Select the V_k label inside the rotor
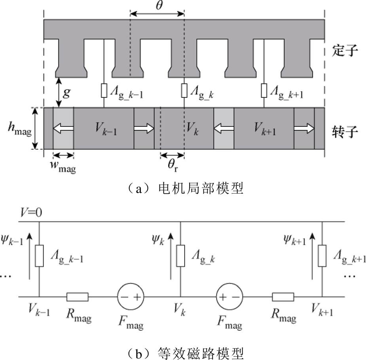point(192,128)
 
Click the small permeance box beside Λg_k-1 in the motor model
point(104,91)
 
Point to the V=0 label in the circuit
point(32,213)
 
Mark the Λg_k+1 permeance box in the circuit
point(322,255)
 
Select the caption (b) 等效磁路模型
point(183,352)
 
